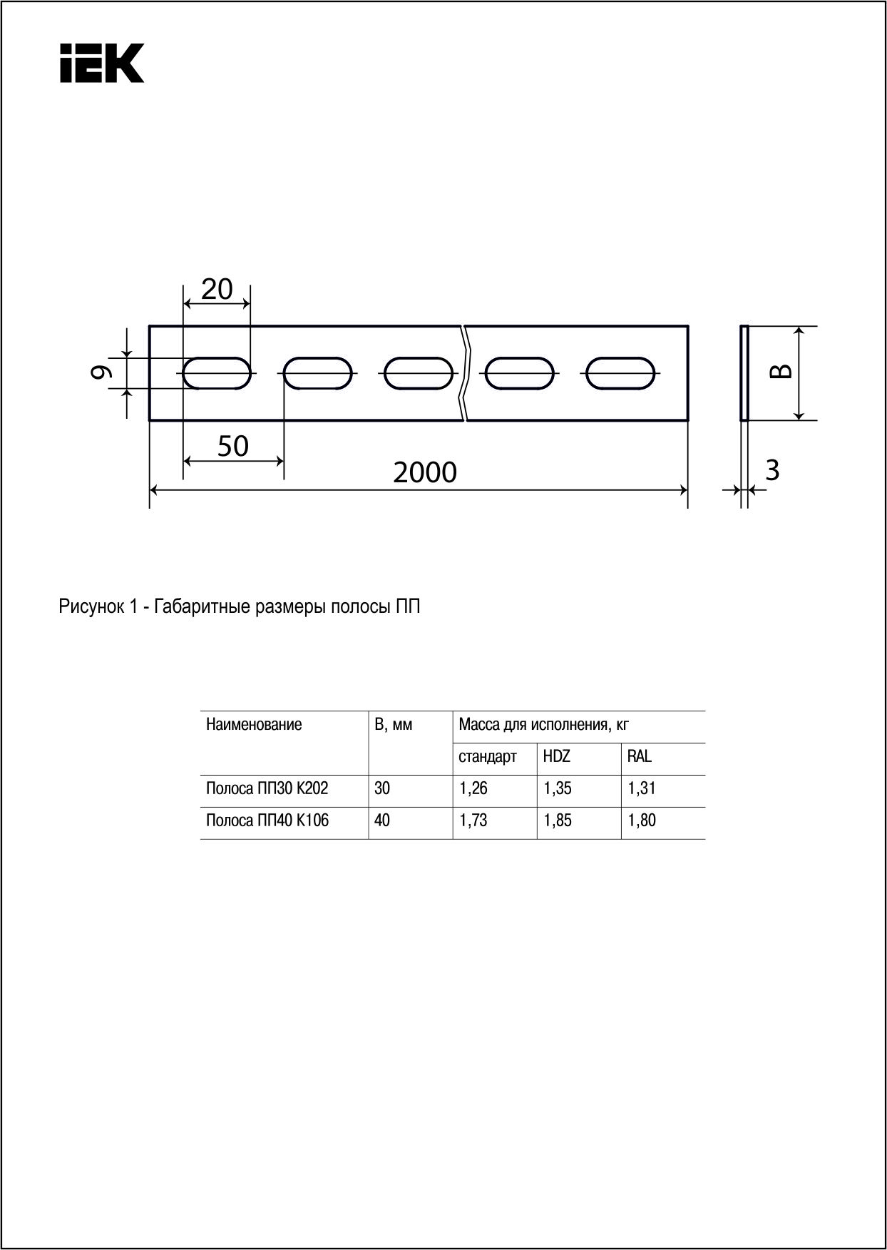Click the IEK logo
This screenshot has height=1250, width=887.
point(102,63)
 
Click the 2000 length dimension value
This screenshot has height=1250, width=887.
point(425,473)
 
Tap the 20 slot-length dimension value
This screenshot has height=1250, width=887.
point(217,289)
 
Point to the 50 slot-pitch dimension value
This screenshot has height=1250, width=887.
point(233,447)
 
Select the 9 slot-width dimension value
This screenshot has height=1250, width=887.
point(105,372)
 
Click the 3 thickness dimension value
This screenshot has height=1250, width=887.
point(771,471)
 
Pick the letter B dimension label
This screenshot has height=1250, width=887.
point(782,372)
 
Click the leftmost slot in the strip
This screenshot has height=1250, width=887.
point(217,374)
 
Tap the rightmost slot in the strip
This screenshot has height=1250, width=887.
point(620,374)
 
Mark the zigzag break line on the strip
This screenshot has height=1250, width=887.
point(465,372)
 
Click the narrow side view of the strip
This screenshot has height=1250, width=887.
point(744,372)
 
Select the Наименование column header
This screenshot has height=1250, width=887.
point(254,725)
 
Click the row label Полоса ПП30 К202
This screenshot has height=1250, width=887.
point(267,789)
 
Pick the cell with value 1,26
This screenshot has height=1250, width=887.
point(473,789)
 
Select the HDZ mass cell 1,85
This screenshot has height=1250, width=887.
point(558,821)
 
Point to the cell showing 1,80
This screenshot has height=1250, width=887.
point(642,821)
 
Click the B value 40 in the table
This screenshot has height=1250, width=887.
point(382,821)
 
